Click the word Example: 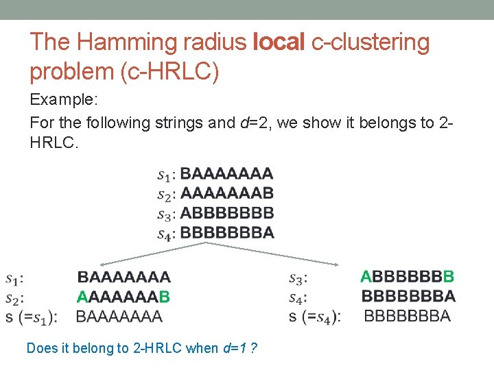click(x=64, y=99)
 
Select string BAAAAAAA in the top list click(x=226, y=173)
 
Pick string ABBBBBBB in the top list click(x=226, y=213)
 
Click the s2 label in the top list click(x=167, y=194)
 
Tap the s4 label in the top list click(x=167, y=234)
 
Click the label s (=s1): click(x=31, y=317)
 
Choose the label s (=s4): click(x=315, y=317)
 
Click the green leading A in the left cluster click(x=82, y=297)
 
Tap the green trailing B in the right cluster click(x=449, y=277)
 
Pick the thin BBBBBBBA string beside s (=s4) click(x=407, y=317)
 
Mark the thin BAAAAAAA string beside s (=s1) click(x=119, y=317)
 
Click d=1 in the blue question click(x=235, y=348)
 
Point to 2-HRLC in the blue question click(x=156, y=348)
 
